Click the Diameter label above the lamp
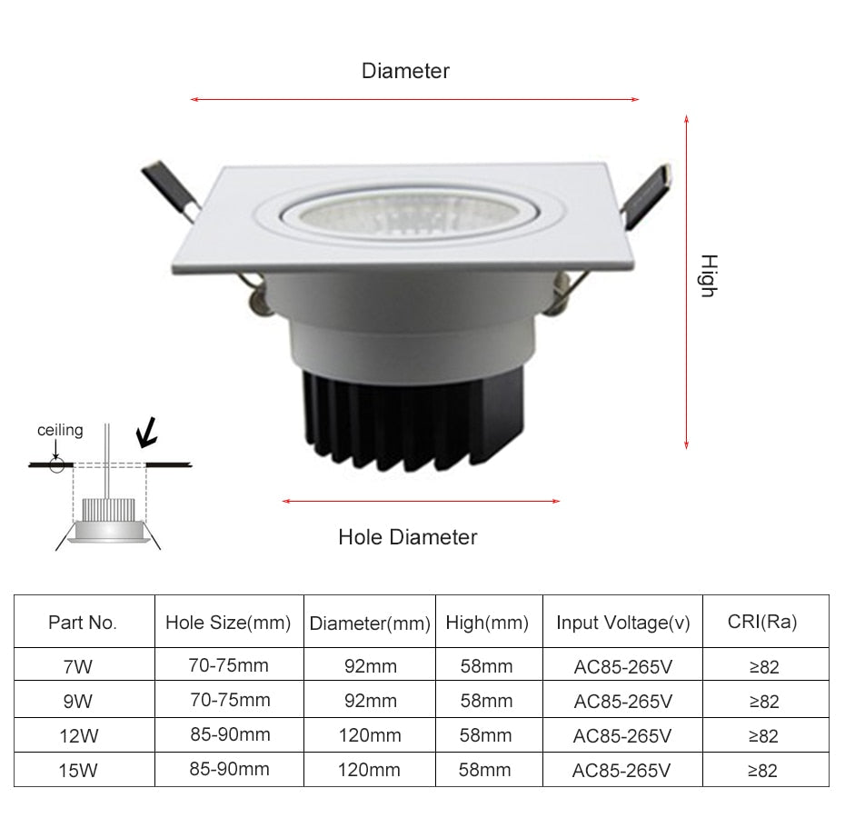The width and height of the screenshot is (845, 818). (405, 71)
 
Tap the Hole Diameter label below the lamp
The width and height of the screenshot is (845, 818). (407, 537)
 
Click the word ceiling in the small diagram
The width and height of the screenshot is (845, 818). (60, 430)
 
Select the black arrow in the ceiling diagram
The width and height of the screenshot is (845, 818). (145, 434)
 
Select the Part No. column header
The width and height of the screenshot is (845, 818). (83, 623)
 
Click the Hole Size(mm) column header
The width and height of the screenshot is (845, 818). (228, 623)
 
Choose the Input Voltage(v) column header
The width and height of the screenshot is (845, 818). (623, 623)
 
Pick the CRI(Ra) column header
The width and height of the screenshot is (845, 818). (762, 622)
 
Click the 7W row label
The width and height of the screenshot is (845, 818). (79, 666)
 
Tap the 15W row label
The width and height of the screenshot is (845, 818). (79, 771)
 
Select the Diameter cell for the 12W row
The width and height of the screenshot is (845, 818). (370, 735)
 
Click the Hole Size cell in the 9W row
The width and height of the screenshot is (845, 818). (229, 700)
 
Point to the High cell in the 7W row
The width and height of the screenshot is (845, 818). (487, 666)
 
